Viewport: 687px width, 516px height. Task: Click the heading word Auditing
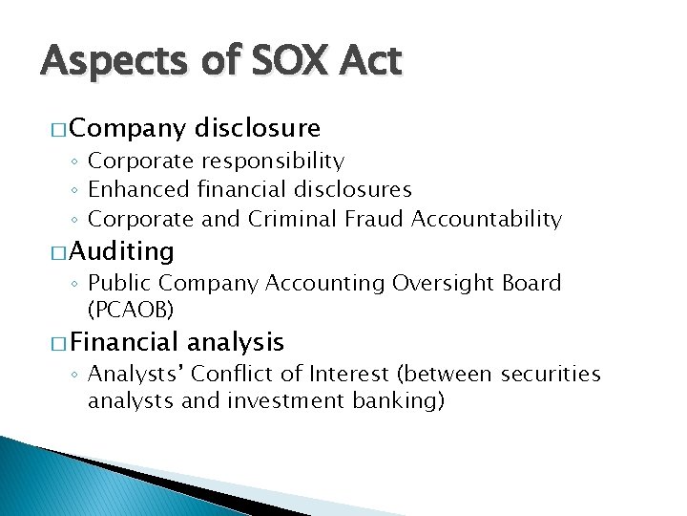coord(121,251)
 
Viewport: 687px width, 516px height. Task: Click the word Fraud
coord(376,219)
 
